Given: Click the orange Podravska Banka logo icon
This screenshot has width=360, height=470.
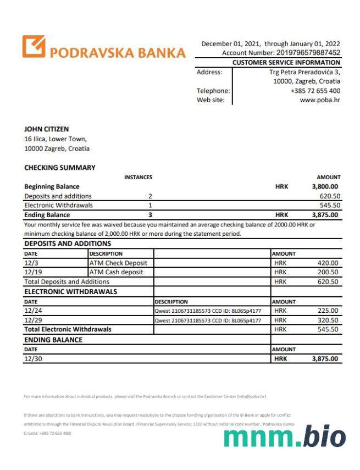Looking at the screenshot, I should pos(34,47).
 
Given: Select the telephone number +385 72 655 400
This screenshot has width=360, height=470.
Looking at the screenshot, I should pos(315,91).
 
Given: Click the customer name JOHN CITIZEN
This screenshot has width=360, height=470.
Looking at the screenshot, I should pos(47,129).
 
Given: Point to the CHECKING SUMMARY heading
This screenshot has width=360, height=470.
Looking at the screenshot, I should pos(60,168).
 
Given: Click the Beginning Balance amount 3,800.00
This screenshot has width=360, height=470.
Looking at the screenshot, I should pos(325,186).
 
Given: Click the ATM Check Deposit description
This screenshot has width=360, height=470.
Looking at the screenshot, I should pos(118,263).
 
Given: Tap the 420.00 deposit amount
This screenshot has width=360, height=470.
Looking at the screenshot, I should pos(328,263).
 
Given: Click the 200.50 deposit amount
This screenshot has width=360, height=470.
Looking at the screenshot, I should pos(328,272).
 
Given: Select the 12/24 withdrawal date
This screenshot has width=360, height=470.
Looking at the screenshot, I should pos(32,311).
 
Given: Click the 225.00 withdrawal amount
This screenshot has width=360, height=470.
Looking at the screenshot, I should pos(328,311).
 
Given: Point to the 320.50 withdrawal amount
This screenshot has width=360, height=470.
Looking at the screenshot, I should pos(328,320).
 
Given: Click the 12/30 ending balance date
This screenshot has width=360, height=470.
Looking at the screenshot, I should pos(32,358).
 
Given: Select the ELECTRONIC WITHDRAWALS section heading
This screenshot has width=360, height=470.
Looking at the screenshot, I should pos(71,291).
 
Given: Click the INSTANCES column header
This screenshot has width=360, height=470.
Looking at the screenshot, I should pos(139,177).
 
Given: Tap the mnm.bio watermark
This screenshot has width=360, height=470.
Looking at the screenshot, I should pos(285,437).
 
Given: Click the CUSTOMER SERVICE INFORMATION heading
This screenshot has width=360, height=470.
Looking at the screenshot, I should pos(286,63).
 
